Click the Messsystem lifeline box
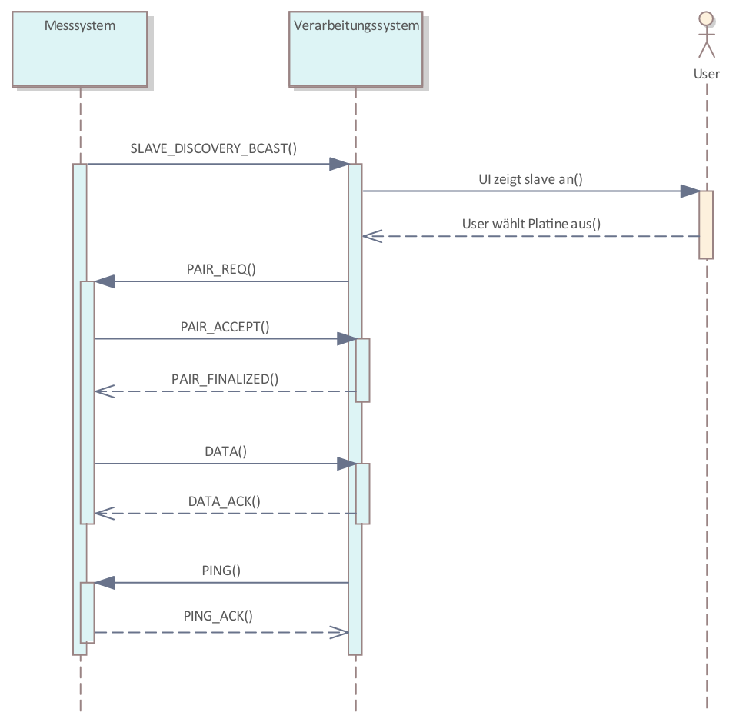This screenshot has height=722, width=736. click(x=79, y=48)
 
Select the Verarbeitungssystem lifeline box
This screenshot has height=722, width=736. click(x=356, y=48)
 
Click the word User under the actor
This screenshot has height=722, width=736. click(x=706, y=74)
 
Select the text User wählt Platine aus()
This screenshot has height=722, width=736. click(x=531, y=224)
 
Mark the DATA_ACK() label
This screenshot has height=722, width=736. click(x=225, y=501)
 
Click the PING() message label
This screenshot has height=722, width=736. click(x=221, y=570)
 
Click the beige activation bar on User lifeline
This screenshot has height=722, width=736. click(x=706, y=225)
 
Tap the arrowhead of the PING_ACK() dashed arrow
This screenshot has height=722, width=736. click(x=339, y=632)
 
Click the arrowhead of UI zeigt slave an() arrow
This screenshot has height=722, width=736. click(x=690, y=191)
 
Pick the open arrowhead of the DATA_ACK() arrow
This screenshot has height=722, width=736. click(x=104, y=514)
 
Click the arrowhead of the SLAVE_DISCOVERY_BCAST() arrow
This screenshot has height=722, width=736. click(x=338, y=164)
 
